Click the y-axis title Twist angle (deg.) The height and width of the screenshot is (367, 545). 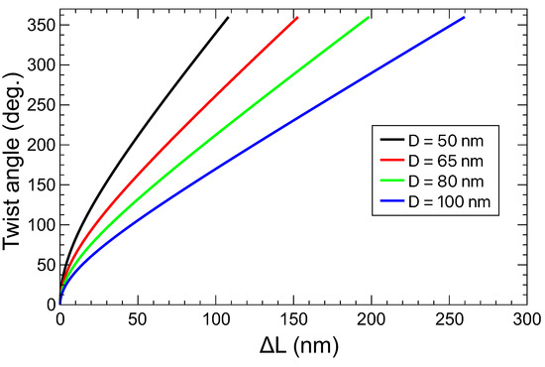(16, 159)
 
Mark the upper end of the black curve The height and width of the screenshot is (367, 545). (228, 17)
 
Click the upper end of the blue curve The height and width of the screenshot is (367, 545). (464, 17)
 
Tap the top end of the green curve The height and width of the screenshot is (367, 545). (369, 17)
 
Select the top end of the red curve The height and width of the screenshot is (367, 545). (297, 17)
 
